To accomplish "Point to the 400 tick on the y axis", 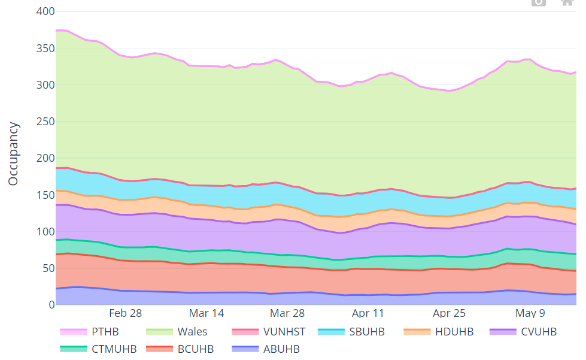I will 45,11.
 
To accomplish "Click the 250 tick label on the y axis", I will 45,122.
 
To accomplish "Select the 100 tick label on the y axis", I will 45,232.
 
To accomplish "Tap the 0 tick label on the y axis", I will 50,305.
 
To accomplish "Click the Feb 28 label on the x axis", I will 126,313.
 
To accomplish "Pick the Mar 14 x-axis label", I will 207,313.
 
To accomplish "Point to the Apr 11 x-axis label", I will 368,313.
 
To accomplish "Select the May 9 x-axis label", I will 530,313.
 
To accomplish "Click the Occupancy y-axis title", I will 14,154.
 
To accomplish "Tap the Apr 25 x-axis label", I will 449,313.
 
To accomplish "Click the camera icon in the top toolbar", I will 539,2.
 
